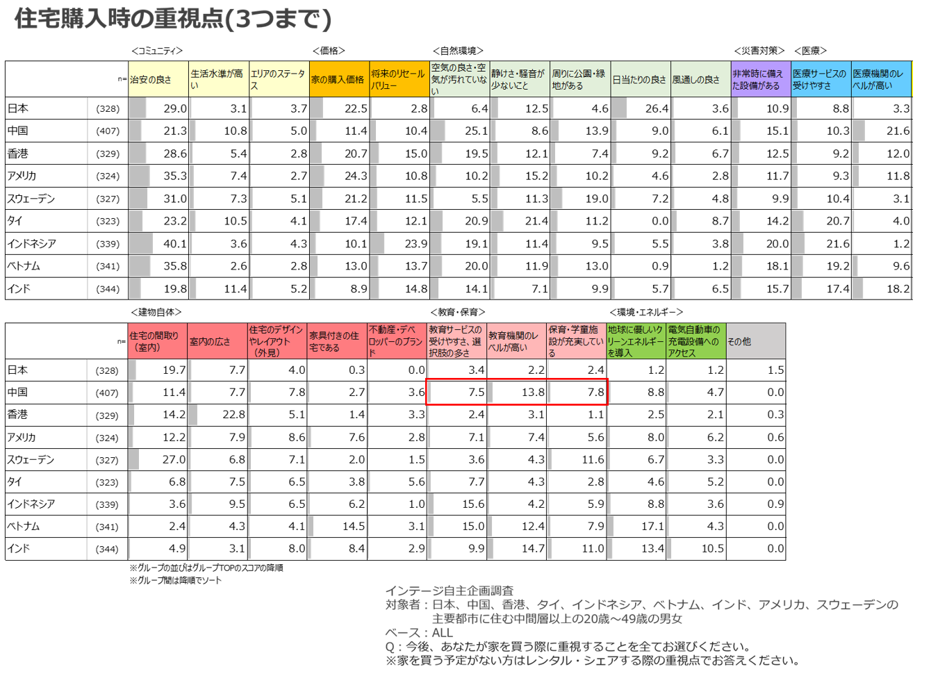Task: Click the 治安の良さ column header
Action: point(158,79)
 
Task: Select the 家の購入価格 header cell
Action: point(339,79)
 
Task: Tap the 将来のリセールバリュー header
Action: point(399,79)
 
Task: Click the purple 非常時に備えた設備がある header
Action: point(761,79)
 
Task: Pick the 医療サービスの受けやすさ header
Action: point(821,79)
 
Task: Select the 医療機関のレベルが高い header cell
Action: point(881,79)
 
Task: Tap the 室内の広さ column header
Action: point(217,341)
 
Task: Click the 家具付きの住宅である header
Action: point(337,341)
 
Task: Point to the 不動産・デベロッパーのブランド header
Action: point(397,341)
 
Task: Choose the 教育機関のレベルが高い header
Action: point(516,341)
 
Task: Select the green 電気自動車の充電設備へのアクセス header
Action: point(696,341)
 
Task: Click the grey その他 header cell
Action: point(756,341)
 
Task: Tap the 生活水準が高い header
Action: point(219,79)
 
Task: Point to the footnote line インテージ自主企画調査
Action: point(450,591)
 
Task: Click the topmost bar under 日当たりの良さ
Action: point(619,108)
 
